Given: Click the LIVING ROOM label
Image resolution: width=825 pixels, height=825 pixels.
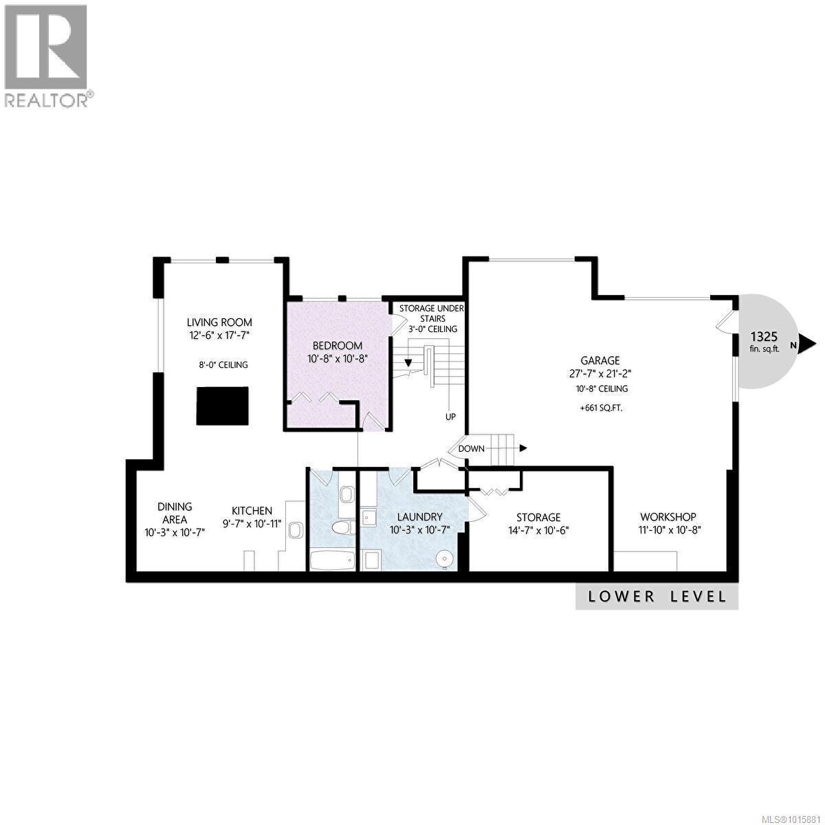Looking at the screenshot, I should [220, 322].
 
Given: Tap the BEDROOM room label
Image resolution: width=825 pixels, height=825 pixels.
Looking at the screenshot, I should [337, 345].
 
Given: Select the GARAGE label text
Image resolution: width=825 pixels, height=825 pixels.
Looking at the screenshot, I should [599, 360].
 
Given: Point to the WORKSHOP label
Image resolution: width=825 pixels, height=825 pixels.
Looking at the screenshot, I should [668, 517].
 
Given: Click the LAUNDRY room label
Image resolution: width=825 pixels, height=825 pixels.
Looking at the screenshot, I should [415, 517].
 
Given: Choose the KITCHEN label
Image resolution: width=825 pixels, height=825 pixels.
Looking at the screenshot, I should [252, 511].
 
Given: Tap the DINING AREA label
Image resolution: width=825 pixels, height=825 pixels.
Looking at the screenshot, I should [174, 513].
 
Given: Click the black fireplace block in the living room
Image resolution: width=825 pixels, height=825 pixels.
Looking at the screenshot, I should [223, 406].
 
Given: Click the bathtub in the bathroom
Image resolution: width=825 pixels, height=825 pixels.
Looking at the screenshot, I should [332, 560].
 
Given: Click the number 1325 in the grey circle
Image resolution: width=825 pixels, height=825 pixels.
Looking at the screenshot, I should [763, 337].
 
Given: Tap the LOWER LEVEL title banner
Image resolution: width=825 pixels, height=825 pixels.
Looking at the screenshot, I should [657, 596].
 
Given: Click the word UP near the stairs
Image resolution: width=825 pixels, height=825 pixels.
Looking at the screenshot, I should [450, 417].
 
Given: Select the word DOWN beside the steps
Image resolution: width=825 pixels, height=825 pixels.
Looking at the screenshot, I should [472, 448].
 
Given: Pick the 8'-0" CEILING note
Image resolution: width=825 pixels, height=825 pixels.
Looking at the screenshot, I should [220, 364].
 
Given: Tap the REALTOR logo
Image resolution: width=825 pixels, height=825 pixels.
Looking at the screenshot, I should [47, 55].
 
